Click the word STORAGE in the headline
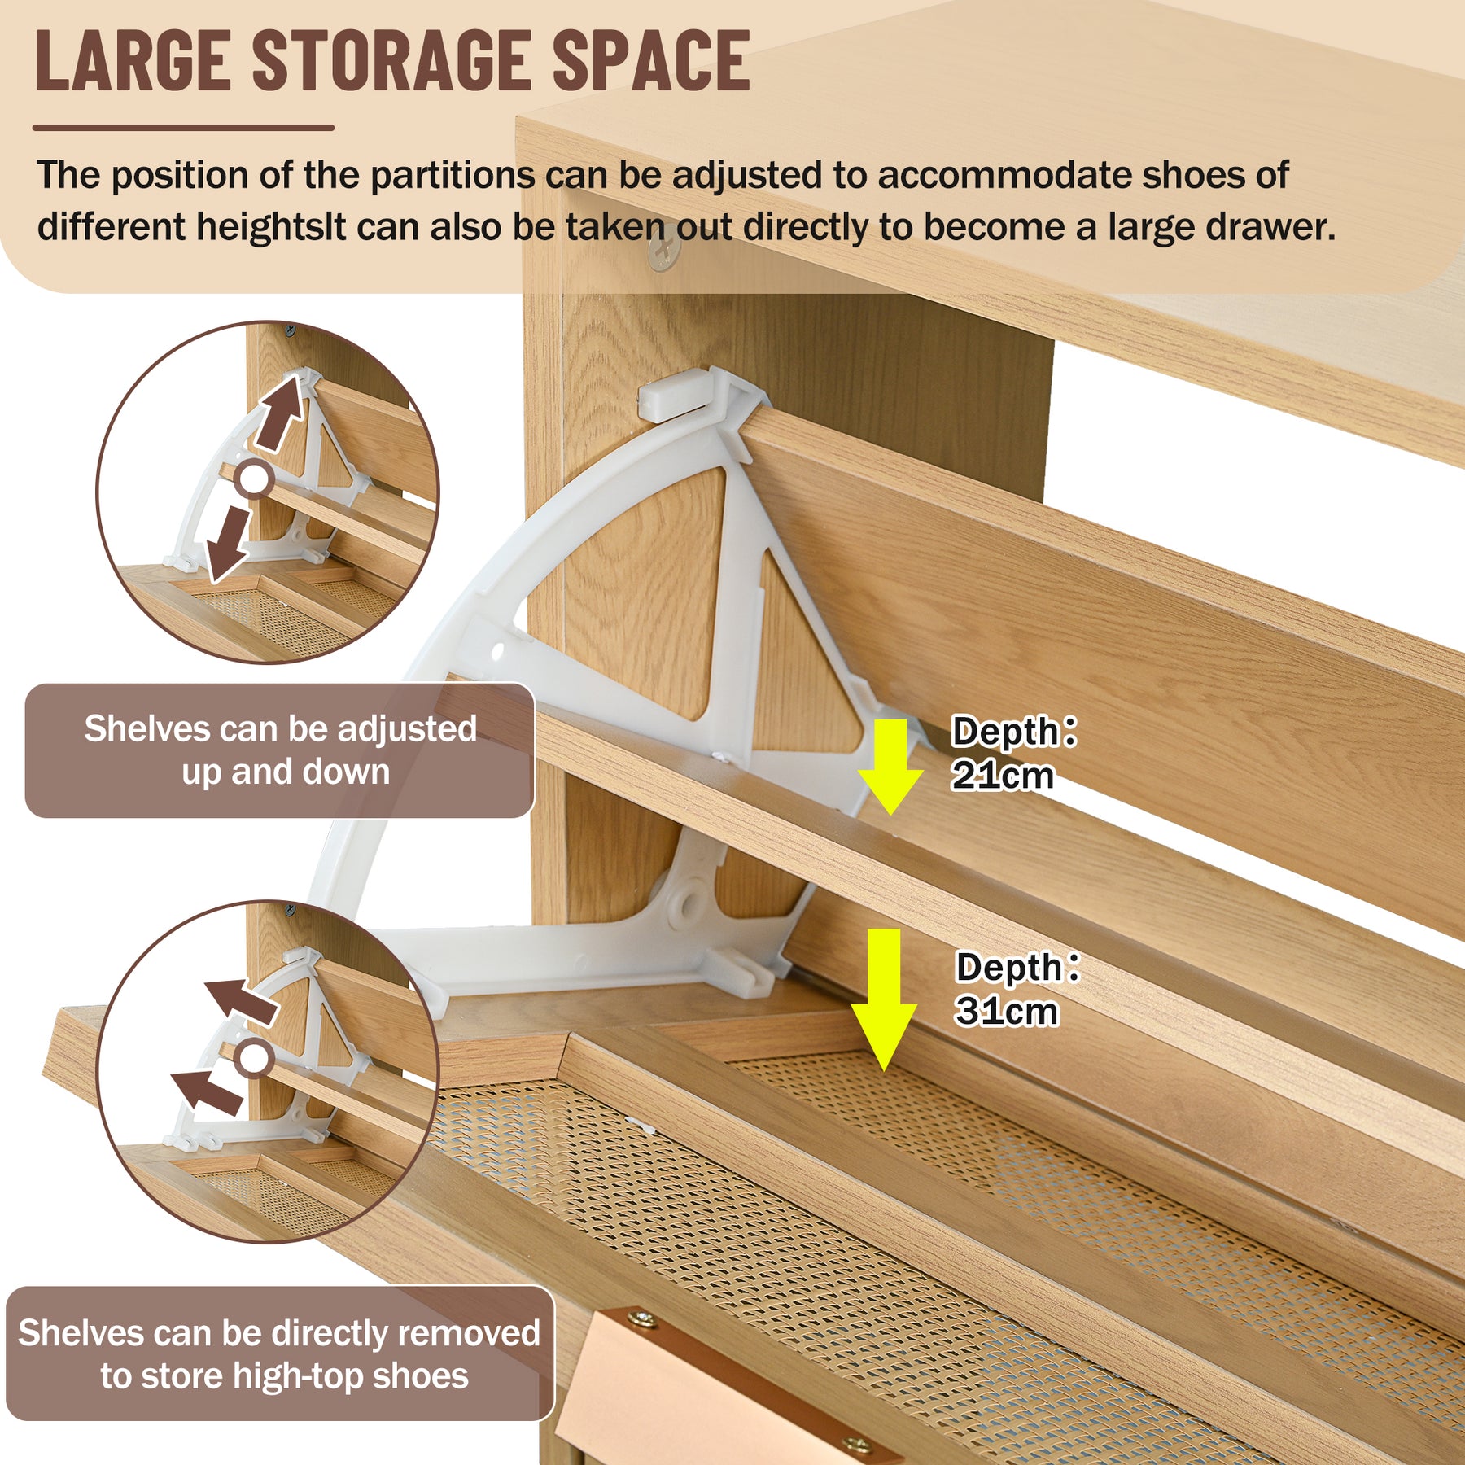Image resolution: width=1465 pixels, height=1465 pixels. (x=394, y=60)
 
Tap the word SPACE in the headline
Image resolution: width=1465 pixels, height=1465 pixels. (x=651, y=60)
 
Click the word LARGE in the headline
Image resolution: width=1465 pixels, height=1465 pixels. (x=133, y=60)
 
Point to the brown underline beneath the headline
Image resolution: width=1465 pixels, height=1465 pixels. (x=184, y=128)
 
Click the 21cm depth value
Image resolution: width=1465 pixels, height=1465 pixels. (x=1003, y=775)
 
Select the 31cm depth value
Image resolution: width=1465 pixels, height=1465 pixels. (x=1008, y=1011)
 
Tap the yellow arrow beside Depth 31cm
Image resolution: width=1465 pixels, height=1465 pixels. (x=884, y=999)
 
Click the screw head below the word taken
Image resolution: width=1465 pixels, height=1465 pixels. (x=663, y=254)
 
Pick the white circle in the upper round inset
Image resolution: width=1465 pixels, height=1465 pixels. (x=254, y=479)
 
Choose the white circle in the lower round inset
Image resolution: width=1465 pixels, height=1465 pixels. (x=254, y=1058)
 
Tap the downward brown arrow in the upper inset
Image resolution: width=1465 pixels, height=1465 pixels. (x=228, y=544)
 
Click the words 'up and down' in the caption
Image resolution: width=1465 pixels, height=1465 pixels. (x=286, y=772)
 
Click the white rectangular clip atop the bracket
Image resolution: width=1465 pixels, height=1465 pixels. (x=674, y=394)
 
